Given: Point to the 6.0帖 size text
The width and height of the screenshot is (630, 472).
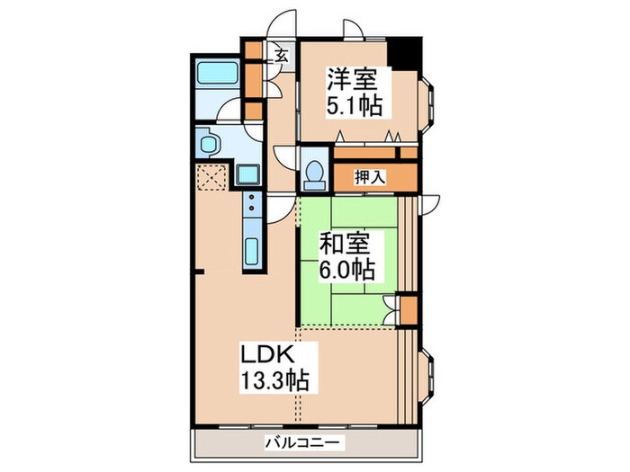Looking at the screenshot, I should pos(346,269).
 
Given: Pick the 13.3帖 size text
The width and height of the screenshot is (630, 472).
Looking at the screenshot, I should pos(274,380).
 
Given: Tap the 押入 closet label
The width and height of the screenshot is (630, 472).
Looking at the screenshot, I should pos(369,177).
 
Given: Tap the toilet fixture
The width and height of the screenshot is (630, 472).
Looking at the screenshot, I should pos(314,174).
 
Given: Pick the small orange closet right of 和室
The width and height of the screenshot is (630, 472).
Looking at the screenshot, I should pos(407,310).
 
